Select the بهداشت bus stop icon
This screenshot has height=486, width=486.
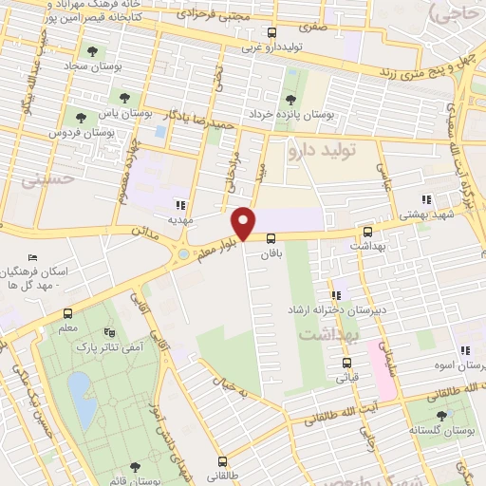(367, 230)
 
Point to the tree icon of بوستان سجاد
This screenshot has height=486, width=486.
(91, 52)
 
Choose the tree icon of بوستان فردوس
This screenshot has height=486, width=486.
(80, 119)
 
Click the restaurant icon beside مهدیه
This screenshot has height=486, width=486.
(180, 204)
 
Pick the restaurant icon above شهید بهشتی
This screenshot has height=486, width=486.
(426, 200)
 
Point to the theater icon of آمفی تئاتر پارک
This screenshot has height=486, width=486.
(110, 332)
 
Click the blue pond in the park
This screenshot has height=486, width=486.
(82, 399)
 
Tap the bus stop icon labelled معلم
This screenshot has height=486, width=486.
(67, 313)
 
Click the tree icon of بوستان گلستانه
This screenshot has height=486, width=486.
(440, 414)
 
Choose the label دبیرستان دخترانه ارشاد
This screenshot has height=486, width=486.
(331, 310)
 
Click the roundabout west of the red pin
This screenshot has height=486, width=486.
(183, 253)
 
